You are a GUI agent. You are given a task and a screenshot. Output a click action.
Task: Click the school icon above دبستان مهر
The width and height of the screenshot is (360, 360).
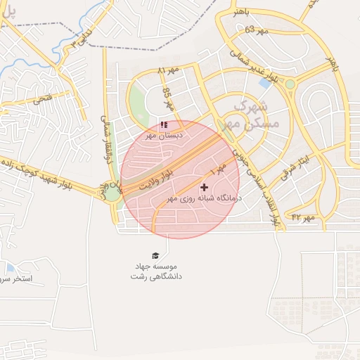click(164, 124)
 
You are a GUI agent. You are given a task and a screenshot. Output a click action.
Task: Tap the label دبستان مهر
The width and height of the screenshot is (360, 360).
click(164, 134)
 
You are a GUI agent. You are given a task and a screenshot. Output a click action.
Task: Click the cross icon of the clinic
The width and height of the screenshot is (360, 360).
click(205, 187)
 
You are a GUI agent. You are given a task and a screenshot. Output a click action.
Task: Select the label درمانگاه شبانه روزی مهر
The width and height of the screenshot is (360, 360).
click(204, 199)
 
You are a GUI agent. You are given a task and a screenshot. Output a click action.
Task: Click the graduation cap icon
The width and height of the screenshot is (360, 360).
click(155, 256)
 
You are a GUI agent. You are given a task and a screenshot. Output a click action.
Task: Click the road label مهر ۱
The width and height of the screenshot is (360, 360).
click(218, 167)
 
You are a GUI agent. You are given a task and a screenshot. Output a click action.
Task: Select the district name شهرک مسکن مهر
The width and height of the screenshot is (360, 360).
click(255, 115)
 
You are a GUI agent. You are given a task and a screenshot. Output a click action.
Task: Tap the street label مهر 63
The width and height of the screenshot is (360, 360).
click(257, 30)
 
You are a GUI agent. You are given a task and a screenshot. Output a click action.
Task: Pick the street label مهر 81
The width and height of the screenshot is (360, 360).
click(169, 70)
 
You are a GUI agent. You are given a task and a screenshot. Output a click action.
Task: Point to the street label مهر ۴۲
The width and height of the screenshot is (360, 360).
click(303, 217)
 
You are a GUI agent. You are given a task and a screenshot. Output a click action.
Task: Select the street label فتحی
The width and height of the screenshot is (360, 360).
click(43, 101)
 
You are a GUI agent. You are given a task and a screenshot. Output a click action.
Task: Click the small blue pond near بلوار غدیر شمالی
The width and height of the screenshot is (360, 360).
click(265, 82)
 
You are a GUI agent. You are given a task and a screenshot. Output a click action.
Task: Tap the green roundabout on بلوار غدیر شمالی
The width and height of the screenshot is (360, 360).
click(290, 84)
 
